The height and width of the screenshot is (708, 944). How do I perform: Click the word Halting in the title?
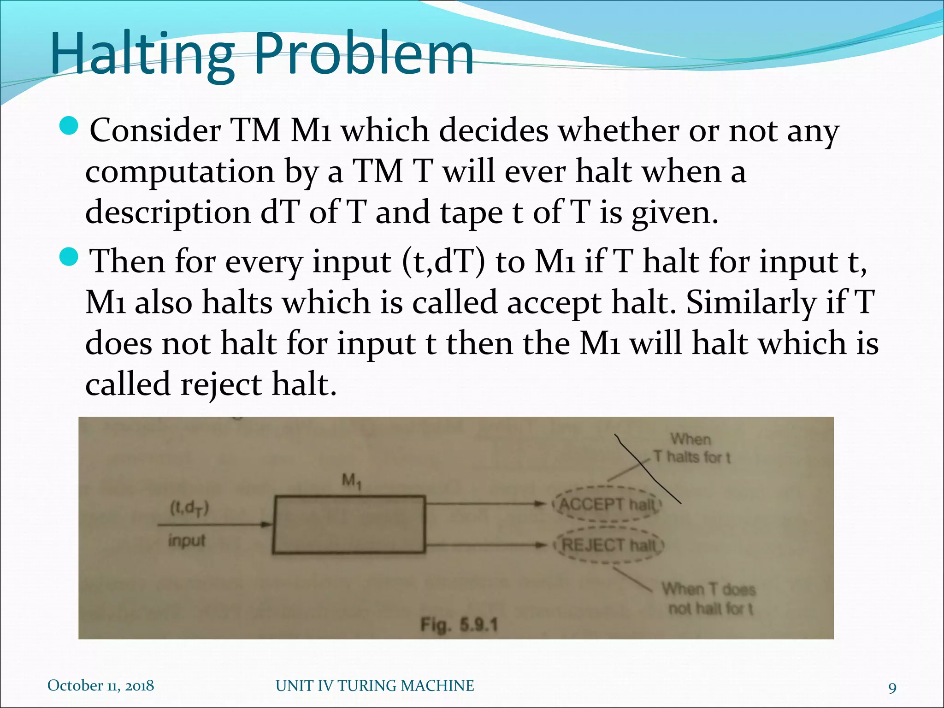pyautogui.click(x=143, y=54)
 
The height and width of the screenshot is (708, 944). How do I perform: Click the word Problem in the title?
pyautogui.click(x=364, y=54)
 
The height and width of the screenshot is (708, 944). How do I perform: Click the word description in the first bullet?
pyautogui.click(x=168, y=213)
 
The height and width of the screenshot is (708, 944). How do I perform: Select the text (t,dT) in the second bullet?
pyautogui.click(x=443, y=262)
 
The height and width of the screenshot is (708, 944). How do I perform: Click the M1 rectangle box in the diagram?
pyautogui.click(x=349, y=524)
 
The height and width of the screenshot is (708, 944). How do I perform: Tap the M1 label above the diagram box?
pyautogui.click(x=352, y=482)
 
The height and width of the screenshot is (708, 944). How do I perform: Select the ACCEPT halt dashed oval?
pyautogui.click(x=608, y=504)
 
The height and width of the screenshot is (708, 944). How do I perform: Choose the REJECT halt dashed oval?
pyautogui.click(x=609, y=546)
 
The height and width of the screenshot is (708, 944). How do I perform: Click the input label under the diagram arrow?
pyautogui.click(x=187, y=540)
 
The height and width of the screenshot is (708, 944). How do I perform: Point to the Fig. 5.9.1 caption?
pyautogui.click(x=459, y=625)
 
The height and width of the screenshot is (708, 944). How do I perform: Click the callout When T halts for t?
pyautogui.click(x=691, y=448)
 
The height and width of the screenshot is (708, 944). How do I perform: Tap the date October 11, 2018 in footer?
pyautogui.click(x=101, y=685)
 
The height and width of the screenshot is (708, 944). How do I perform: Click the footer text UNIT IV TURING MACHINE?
pyautogui.click(x=375, y=685)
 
